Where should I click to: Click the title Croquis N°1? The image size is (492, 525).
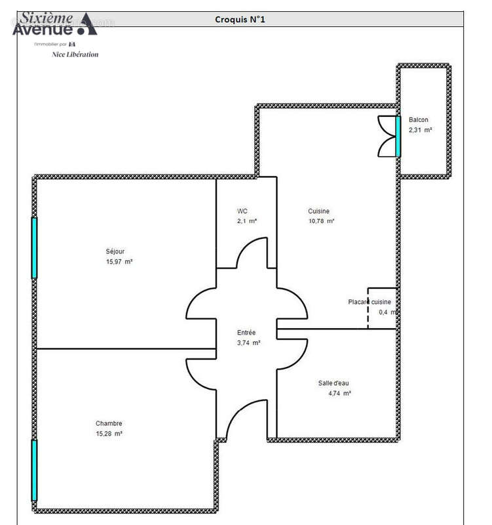coord(240,20)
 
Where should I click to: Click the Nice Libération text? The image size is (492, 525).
coord(75,54)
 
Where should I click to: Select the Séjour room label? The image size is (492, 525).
coord(115,251)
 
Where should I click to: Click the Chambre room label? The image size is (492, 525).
coord(109,423)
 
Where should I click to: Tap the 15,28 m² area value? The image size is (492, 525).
coord(109,434)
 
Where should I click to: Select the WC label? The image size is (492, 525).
coord(242,211)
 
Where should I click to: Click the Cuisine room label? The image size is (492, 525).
coord(319,211)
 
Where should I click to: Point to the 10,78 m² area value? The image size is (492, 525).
coord(321,222)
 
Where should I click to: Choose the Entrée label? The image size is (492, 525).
coord(246,333)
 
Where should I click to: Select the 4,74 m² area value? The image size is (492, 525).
coord(339,394)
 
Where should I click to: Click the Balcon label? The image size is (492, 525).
coord(419,119)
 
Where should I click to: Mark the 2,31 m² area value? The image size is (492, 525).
coord(421,130)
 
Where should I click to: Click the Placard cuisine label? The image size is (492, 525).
coord(369,302)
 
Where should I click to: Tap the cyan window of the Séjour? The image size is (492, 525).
coord(34,247)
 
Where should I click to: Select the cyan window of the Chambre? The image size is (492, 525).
coord(34,470)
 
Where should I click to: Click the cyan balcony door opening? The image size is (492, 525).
coord(398,136)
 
